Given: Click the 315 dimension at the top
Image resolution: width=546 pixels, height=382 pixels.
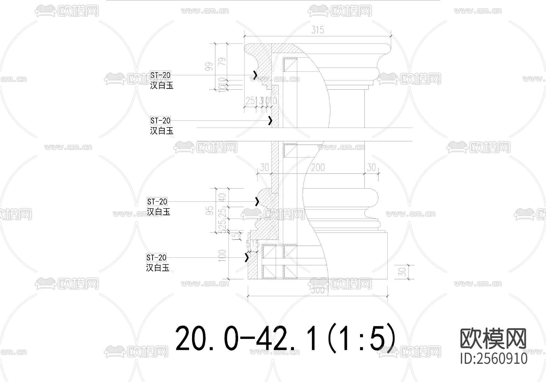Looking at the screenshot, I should (318, 30).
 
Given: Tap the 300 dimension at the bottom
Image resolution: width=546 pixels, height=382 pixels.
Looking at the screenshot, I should (318, 290).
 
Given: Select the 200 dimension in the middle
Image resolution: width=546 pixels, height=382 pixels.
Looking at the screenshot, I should (318, 167).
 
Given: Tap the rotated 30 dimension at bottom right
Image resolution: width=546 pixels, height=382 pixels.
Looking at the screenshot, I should (403, 272).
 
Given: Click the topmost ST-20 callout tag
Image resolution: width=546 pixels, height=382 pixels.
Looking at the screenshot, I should (160, 75).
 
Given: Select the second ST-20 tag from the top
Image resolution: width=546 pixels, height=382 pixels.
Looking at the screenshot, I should (160, 121).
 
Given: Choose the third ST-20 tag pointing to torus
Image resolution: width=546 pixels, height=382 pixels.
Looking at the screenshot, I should (157, 202).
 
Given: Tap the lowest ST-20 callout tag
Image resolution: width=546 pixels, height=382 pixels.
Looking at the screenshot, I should (156, 258).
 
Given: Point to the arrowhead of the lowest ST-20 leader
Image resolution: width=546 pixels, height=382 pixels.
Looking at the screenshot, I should (247, 258).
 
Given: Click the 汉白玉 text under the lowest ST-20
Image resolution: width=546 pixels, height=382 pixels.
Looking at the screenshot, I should (157, 268).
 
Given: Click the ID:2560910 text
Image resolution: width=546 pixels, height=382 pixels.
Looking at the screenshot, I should (494, 359).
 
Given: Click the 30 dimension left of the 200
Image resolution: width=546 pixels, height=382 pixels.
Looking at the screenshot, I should (265, 167).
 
